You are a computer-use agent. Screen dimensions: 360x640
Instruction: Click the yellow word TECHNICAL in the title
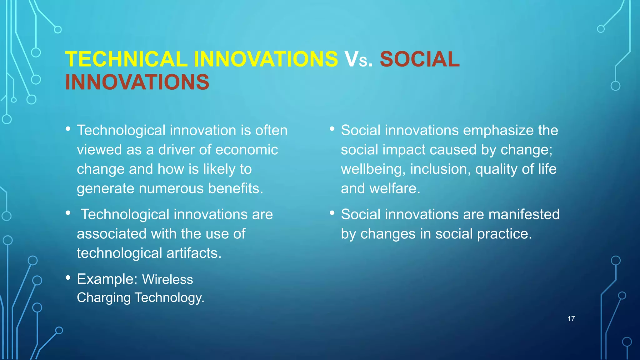pyautogui.click(x=126, y=59)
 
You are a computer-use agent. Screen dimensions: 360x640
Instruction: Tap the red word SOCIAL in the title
pyautogui.click(x=419, y=59)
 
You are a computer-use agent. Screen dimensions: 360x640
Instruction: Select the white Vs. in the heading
pyautogui.click(x=358, y=59)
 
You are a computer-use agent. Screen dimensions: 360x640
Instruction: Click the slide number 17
pyautogui.click(x=571, y=319)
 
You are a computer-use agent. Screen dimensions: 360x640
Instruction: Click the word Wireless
pyautogui.click(x=167, y=279)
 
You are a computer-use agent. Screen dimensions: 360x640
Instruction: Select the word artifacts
pyautogui.click(x=194, y=253)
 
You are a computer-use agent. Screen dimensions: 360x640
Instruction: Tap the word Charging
pyautogui.click(x=103, y=297)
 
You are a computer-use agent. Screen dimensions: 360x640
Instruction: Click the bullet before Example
pyautogui.click(x=68, y=277)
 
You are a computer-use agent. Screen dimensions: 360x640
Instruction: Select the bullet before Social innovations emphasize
pyautogui.click(x=332, y=129)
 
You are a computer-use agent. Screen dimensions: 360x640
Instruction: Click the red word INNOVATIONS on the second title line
pyautogui.click(x=137, y=82)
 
